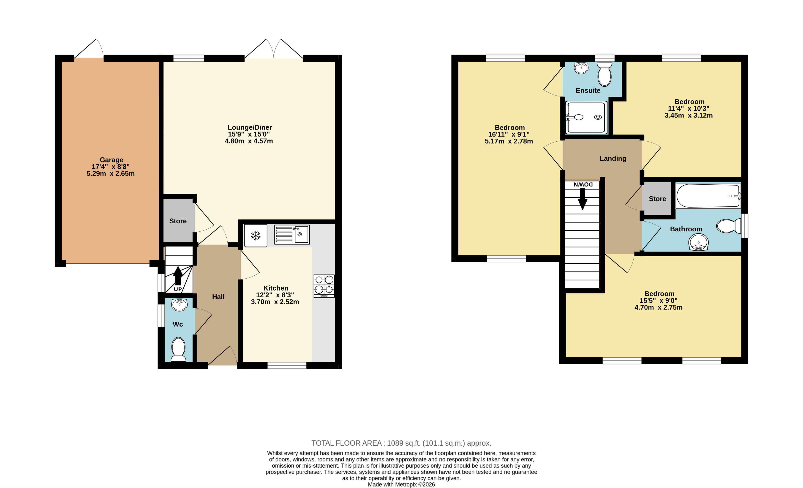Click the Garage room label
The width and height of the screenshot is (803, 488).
pyautogui.click(x=112, y=160)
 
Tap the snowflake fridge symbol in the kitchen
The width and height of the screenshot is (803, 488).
pyautogui.click(x=256, y=235)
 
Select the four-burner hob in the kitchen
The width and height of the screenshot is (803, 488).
pyautogui.click(x=324, y=286)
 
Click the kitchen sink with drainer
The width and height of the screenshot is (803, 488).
pyautogui.click(x=292, y=234)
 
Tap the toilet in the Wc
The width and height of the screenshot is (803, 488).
pyautogui.click(x=178, y=349)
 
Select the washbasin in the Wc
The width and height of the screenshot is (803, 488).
pyautogui.click(x=179, y=305)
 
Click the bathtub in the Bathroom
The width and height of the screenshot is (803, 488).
pyautogui.click(x=708, y=195)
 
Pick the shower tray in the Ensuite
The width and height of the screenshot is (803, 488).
pyautogui.click(x=586, y=117)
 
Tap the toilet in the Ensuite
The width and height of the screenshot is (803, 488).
pyautogui.click(x=604, y=74)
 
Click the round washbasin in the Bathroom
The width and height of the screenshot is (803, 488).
pyautogui.click(x=698, y=242)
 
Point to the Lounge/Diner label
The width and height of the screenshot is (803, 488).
pyautogui.click(x=250, y=127)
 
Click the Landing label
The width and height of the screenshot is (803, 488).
pyautogui.click(x=613, y=159)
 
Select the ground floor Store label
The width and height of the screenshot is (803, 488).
pyautogui.click(x=178, y=221)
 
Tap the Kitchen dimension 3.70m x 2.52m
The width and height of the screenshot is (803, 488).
pyautogui.click(x=275, y=302)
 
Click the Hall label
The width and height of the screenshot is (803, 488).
pyautogui.click(x=218, y=297)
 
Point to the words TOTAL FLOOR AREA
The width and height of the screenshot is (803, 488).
pyautogui.click(x=346, y=443)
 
